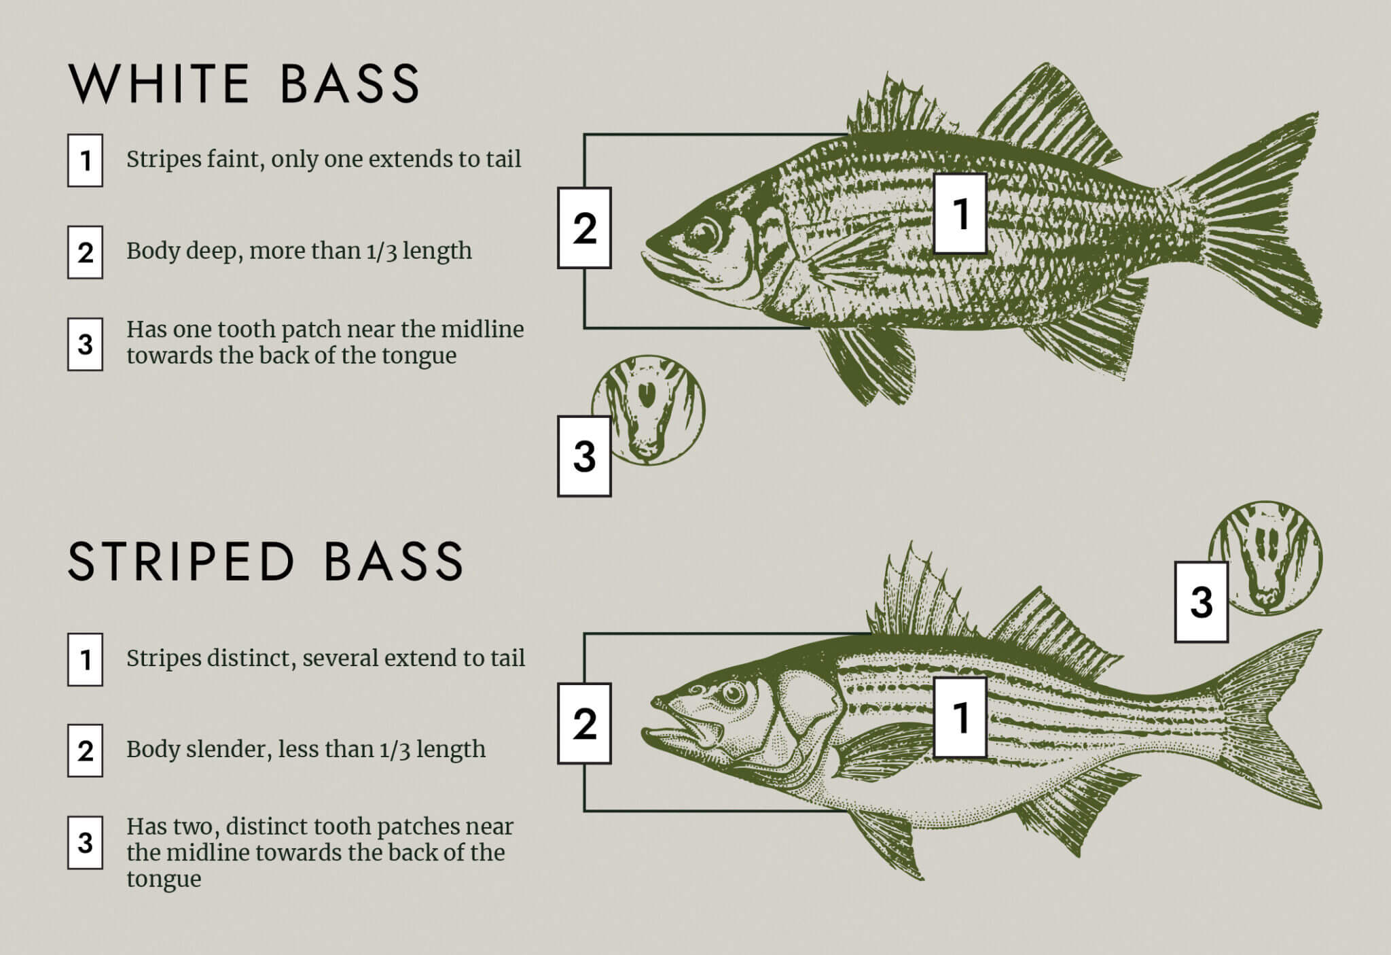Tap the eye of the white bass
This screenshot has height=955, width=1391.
point(704,235)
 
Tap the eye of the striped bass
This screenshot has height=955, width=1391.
point(733,693)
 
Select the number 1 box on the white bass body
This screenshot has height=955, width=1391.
point(960,213)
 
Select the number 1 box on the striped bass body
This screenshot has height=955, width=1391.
point(960,717)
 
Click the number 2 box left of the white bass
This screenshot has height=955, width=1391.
point(584,228)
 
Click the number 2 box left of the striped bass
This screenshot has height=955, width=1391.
point(584,723)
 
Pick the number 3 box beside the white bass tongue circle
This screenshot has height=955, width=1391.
point(584,455)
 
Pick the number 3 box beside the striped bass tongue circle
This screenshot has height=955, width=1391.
point(1201,602)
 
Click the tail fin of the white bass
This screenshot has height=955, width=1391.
point(1257,218)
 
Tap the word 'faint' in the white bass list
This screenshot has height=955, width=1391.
point(230,159)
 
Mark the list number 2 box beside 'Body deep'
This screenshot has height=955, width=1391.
point(85,252)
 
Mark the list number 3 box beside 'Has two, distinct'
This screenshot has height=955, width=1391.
point(85,842)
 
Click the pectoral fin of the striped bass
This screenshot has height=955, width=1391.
point(883,751)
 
